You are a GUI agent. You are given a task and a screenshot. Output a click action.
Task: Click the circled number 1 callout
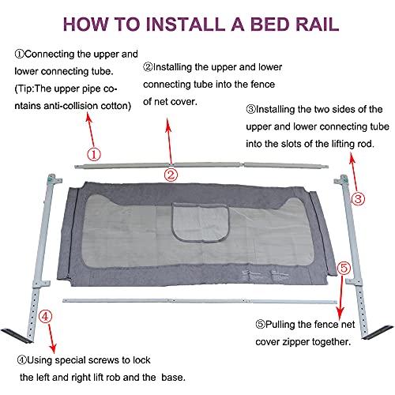click(x=94, y=155)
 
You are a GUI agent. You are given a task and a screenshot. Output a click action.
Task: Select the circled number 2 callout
click(x=169, y=175)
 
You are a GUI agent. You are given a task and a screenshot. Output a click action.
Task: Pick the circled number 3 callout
click(x=359, y=199)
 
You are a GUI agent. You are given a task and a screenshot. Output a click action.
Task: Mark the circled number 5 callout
click(x=344, y=269)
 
